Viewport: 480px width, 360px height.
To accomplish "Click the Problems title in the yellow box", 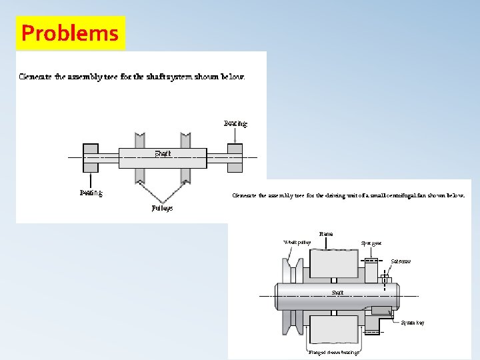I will pos(69,33).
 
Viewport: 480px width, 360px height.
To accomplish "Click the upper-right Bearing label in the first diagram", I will pos(235,123).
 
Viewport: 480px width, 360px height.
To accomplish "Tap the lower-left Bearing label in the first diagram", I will pos(91,193).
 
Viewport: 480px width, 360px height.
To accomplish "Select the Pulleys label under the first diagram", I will pos(161,208).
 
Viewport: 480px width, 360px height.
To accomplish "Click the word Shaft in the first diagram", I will pos(163,153).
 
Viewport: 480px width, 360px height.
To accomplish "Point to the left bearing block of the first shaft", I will pos(91,157).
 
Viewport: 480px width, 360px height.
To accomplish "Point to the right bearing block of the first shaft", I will pos(235,157).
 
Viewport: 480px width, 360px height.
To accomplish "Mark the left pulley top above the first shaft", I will pos(140,140).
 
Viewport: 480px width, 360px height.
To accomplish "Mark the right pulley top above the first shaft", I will pos(185,140).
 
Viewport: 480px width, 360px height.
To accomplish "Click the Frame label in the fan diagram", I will pos(326,234).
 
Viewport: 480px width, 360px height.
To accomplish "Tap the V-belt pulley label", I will pos(297,242).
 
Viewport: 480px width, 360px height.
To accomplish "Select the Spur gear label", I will pos(371,243).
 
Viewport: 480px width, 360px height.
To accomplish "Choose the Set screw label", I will pos(401,261).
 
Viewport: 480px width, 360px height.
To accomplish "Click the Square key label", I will pos(412,323).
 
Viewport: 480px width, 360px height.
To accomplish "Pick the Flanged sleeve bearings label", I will pos(333,352).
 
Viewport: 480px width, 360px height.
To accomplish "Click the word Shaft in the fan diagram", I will pos(338,293).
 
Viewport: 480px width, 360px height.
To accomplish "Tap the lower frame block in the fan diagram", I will pos(333,331).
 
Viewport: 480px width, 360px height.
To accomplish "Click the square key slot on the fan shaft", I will pos(382,310).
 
